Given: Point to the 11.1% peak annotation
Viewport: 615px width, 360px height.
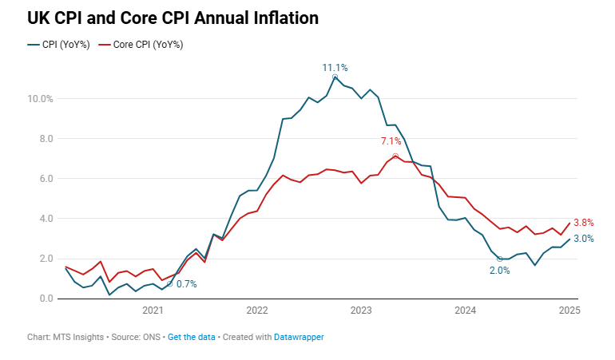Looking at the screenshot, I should [335, 68].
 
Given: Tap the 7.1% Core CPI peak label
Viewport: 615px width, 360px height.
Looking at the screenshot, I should [393, 141].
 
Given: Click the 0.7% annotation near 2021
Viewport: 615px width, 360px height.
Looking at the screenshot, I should [186, 284].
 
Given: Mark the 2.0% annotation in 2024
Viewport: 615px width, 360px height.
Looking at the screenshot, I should [499, 271].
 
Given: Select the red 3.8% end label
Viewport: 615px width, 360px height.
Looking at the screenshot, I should [583, 223].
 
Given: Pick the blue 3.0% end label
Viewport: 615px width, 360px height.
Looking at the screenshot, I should [583, 239].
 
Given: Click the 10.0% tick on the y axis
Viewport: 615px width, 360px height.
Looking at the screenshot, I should [40, 99].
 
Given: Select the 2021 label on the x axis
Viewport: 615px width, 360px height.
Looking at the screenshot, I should [153, 310].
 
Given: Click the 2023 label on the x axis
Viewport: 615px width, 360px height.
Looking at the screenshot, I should [361, 310].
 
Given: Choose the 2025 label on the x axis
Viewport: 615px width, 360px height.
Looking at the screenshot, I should [569, 310].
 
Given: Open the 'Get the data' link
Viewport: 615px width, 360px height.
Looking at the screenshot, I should [191, 338].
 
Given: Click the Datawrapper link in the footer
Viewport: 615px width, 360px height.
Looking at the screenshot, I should [299, 338].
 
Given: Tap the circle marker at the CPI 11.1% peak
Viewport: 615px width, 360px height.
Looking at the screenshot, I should [335, 77].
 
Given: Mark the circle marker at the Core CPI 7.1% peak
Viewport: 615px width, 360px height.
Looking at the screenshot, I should [395, 156].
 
